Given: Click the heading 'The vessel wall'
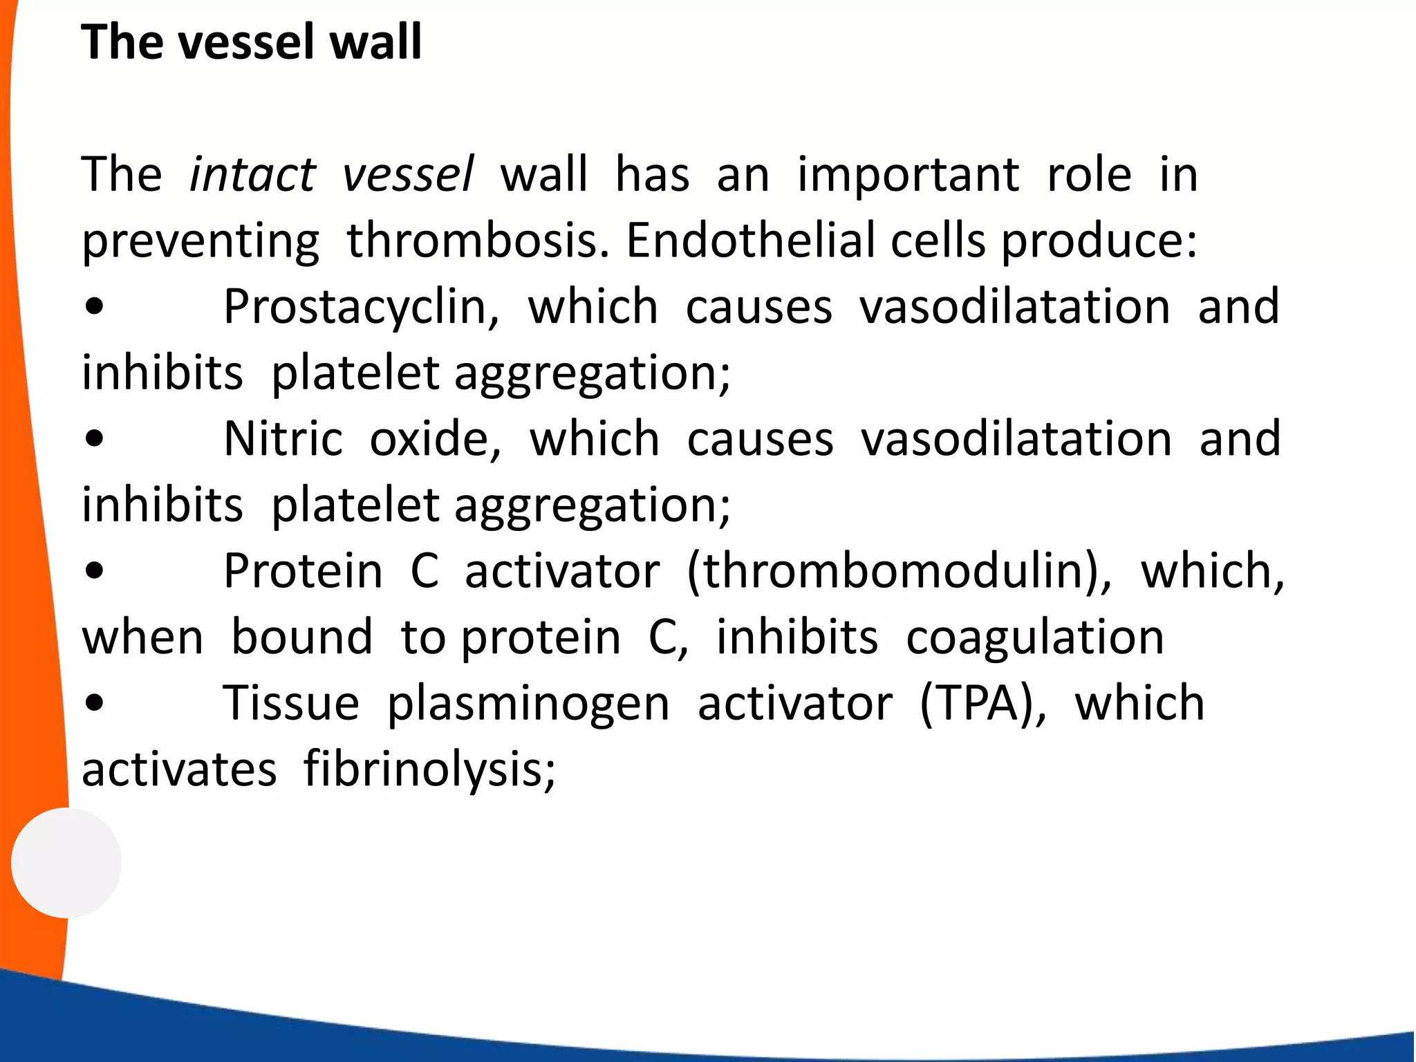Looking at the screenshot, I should tap(251, 42).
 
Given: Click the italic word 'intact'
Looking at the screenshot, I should tap(252, 174).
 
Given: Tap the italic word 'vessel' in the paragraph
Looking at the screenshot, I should tap(408, 174).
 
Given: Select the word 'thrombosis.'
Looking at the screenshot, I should tap(478, 241).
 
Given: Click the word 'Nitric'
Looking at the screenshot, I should tap(283, 439).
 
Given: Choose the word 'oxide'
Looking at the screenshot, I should tap(434, 439).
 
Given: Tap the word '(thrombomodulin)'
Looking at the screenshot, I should tap(899, 572).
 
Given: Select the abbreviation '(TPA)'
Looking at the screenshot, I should tap(982, 704).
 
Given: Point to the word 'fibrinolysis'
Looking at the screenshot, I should tap(429, 770).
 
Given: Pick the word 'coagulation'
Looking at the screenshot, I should tap(1035, 637).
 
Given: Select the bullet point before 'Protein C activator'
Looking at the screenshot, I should tap(94, 572).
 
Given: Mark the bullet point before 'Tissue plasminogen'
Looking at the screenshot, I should tap(94, 705).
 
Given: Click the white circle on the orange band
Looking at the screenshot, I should tap(66, 862).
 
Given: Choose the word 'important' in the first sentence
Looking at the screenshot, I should tap(908, 176).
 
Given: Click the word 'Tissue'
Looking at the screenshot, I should tap(291, 704).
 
